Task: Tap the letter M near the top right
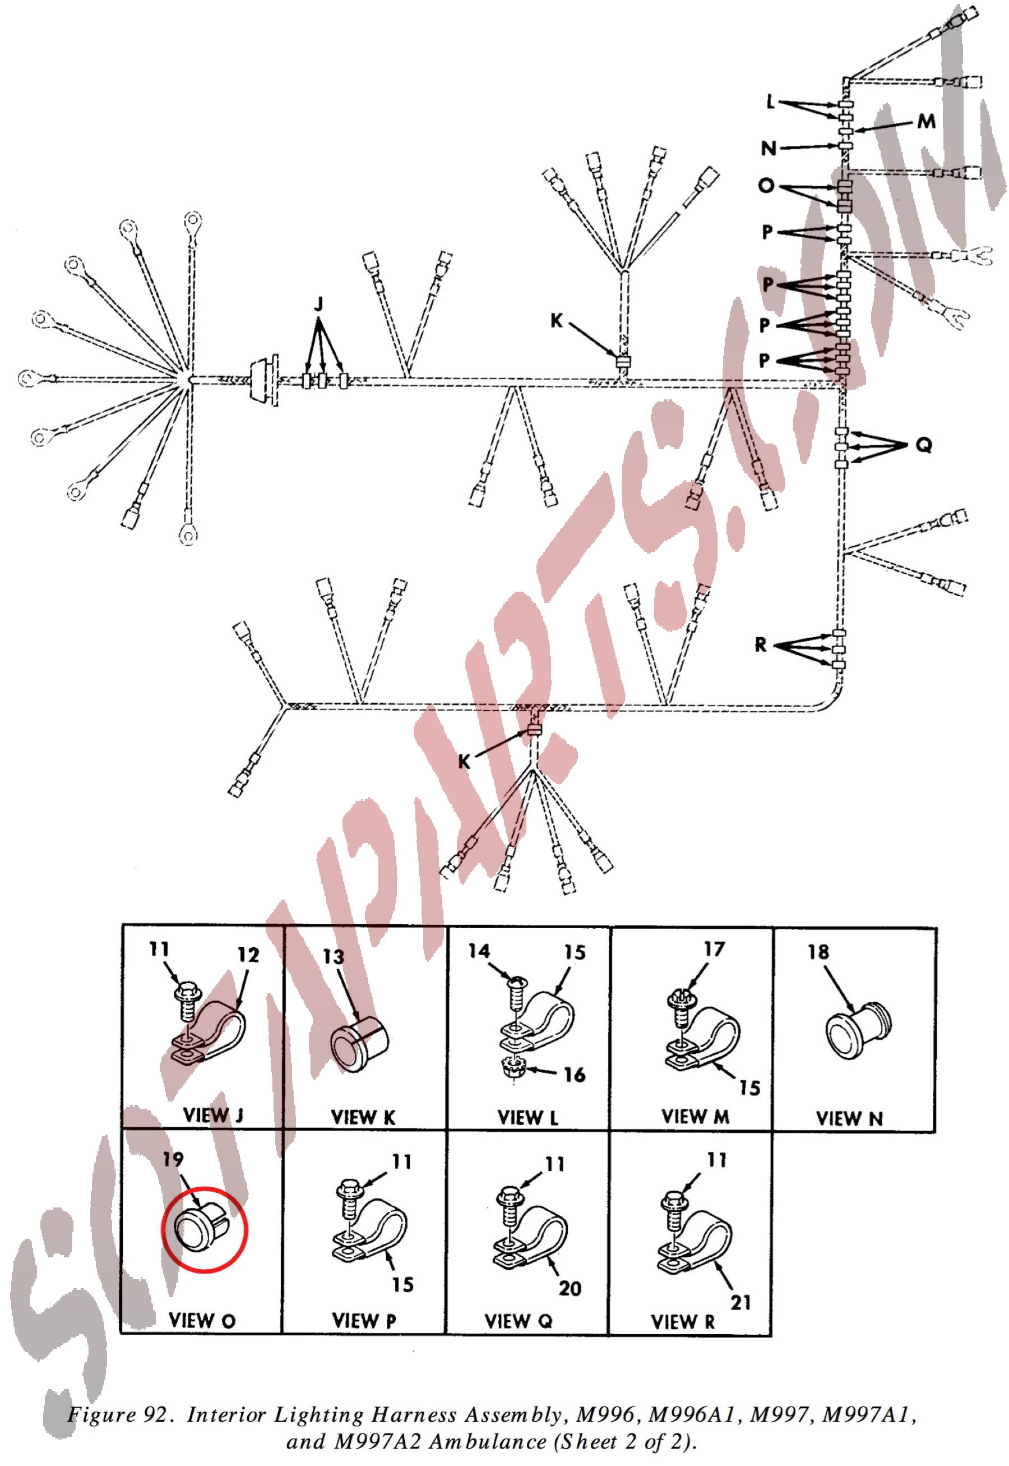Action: (926, 122)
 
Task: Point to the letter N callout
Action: (769, 149)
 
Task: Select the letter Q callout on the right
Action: (924, 445)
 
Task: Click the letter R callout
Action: (761, 645)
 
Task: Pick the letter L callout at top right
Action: (770, 102)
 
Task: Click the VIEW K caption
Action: (363, 1118)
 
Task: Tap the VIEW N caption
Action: (849, 1119)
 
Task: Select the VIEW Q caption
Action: (519, 1321)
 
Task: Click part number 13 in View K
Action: (333, 957)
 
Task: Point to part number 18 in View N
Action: (818, 952)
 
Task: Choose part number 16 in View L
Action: (575, 1075)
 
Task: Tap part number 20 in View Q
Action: (570, 1288)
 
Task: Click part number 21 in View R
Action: (741, 1303)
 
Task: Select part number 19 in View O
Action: (173, 1159)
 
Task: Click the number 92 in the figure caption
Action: (155, 1414)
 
